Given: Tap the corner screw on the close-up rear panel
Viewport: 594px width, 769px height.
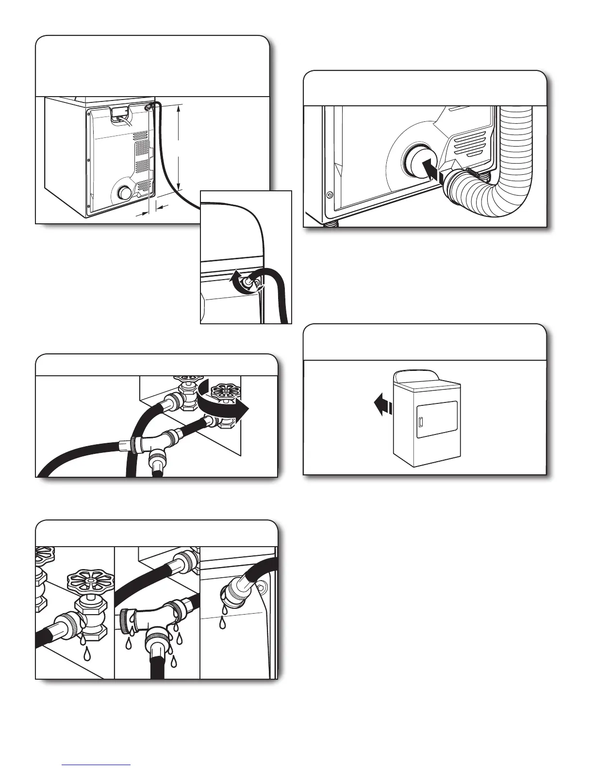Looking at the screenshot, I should pos(330,195).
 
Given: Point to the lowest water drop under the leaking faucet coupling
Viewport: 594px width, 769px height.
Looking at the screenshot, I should pos(87,654).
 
